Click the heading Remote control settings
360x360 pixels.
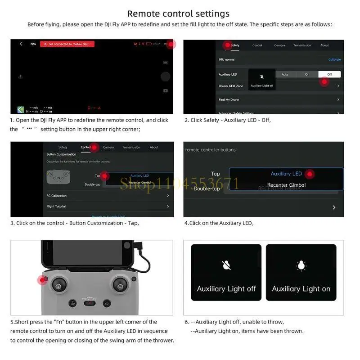pyautogui.click(x=178, y=13)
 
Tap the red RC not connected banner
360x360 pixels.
pyautogui.click(x=67, y=44)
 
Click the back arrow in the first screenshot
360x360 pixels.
pyautogui.click(x=21, y=44)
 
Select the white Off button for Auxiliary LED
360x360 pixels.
pyautogui.click(x=329, y=74)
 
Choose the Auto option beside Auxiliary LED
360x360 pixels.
pyautogui.click(x=285, y=74)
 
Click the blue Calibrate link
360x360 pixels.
pyautogui.click(x=334, y=59)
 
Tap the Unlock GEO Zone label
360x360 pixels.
pyautogui.click(x=231, y=86)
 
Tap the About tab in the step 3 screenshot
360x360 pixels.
pyautogui.click(x=154, y=147)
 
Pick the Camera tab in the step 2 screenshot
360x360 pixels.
pyautogui.click(x=279, y=45)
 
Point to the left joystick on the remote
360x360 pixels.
pyautogui.click(x=58, y=284)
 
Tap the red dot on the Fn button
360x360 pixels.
pyautogui.click(x=42, y=280)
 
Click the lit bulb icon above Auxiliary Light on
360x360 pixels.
pyautogui.click(x=301, y=265)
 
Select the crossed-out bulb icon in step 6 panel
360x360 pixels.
pyautogui.click(x=226, y=265)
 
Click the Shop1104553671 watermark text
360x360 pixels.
pyautogui.click(x=179, y=184)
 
